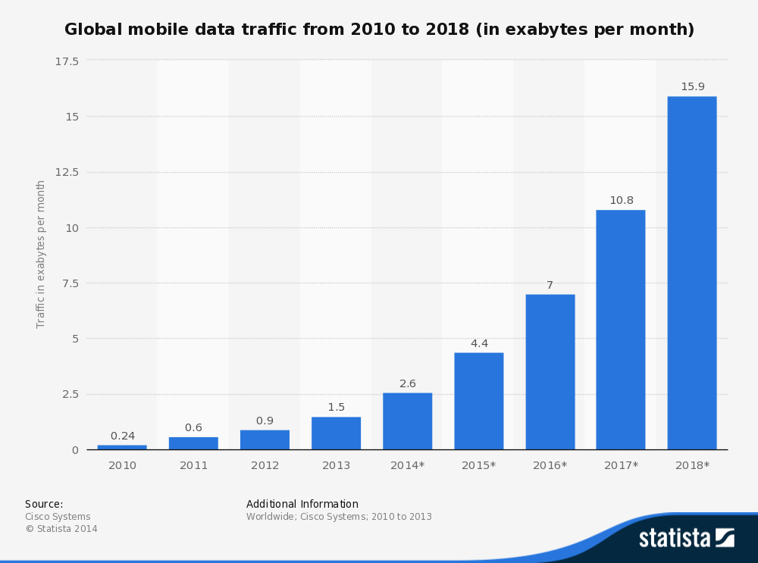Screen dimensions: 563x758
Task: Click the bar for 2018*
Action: [x=691, y=273]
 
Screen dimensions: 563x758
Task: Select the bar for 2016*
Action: [x=550, y=372]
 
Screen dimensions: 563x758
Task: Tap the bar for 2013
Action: [x=336, y=433]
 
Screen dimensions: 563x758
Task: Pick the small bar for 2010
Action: [x=122, y=447]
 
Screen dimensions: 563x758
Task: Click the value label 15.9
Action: [x=692, y=86]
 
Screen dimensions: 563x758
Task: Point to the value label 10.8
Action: [x=621, y=200]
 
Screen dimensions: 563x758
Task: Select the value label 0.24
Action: [x=122, y=436]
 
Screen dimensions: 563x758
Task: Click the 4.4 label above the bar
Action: [x=479, y=343]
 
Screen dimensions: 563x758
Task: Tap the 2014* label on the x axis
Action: [x=407, y=465]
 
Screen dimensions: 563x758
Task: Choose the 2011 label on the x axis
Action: [x=193, y=465]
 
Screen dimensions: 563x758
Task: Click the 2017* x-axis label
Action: [x=621, y=465]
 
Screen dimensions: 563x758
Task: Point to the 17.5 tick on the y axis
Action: [x=67, y=61]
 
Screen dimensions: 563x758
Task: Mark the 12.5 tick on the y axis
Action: [x=67, y=172]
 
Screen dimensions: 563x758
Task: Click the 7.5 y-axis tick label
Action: [x=70, y=283]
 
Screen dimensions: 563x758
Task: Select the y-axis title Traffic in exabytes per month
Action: [x=41, y=254]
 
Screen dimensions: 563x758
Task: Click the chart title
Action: [x=379, y=30]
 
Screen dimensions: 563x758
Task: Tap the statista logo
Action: [x=686, y=537]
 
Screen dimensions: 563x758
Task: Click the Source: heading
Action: [x=44, y=504]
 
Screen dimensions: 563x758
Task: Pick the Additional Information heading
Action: [x=302, y=504]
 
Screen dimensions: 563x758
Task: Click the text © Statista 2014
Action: [x=61, y=529]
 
